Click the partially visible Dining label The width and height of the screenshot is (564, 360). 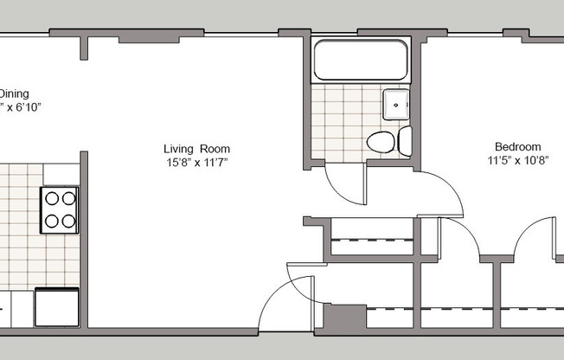[x=15, y=93]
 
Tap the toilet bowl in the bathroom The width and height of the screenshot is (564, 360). [x=380, y=141]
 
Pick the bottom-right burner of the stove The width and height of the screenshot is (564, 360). [x=68, y=221]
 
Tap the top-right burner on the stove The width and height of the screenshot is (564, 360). [x=68, y=198]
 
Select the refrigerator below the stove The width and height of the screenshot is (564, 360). [x=57, y=307]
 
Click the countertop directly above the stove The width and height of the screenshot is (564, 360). [x=59, y=173]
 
